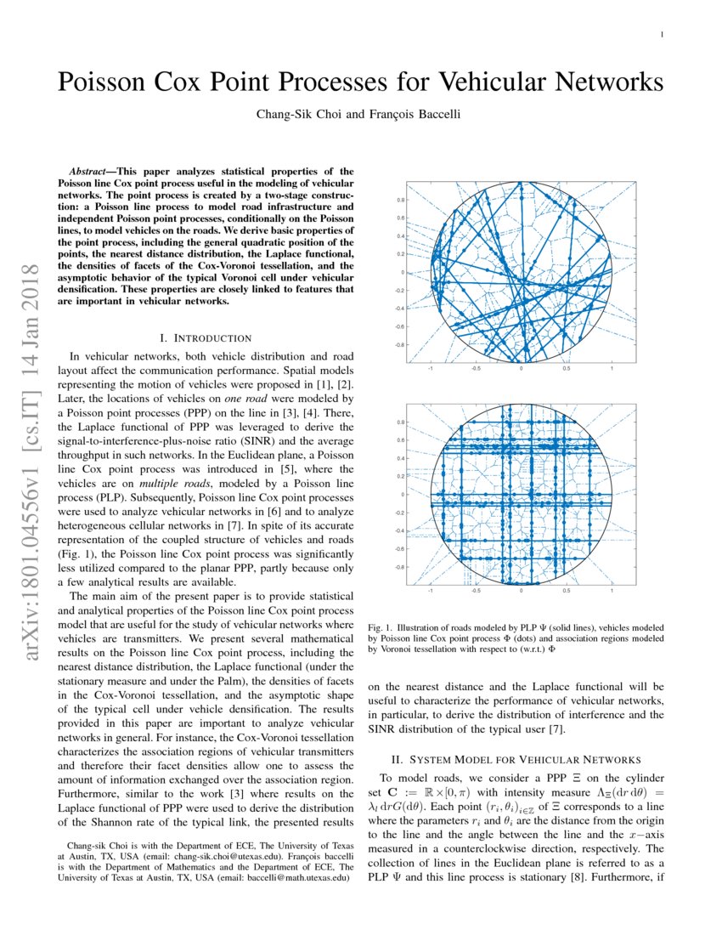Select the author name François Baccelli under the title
coord(417,115)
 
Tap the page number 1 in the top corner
coord(662,35)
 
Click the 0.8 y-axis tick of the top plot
coord(400,201)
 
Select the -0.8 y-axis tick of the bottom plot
coord(399,566)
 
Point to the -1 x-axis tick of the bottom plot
coord(431,590)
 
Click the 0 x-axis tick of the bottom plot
coord(521,590)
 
